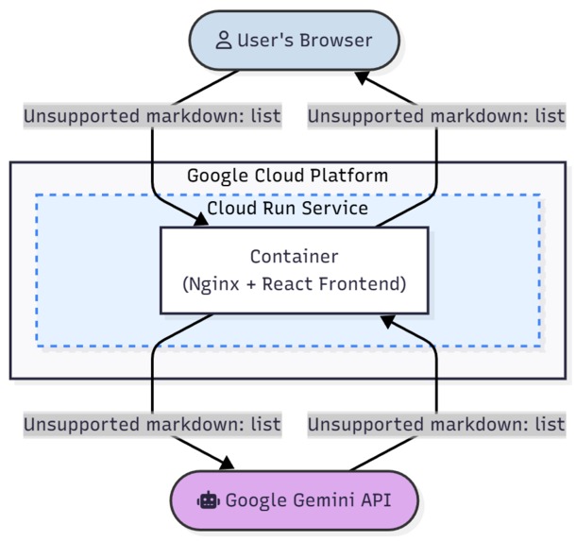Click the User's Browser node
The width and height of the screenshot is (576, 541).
pyautogui.click(x=294, y=41)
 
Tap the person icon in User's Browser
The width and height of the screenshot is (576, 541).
pyautogui.click(x=223, y=41)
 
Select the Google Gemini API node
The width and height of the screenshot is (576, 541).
pyautogui.click(x=294, y=499)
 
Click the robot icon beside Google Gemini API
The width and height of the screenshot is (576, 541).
pyautogui.click(x=208, y=499)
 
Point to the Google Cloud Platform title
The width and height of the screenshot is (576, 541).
pyautogui.click(x=287, y=176)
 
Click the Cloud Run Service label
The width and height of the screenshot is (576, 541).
pyautogui.click(x=287, y=208)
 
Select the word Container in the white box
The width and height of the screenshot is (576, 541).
pyautogui.click(x=294, y=257)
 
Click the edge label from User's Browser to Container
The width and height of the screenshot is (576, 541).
pyautogui.click(x=152, y=116)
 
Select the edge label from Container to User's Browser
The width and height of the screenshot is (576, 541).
pyautogui.click(x=436, y=116)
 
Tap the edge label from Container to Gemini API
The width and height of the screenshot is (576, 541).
pyautogui.click(x=152, y=424)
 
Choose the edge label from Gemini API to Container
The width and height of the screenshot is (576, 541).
pyautogui.click(x=436, y=424)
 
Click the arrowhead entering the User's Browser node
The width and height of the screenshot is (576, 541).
pyautogui.click(x=363, y=76)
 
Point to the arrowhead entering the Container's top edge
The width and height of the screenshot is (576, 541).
pyautogui.click(x=201, y=221)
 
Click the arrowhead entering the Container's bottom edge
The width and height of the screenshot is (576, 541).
pyautogui.click(x=387, y=321)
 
